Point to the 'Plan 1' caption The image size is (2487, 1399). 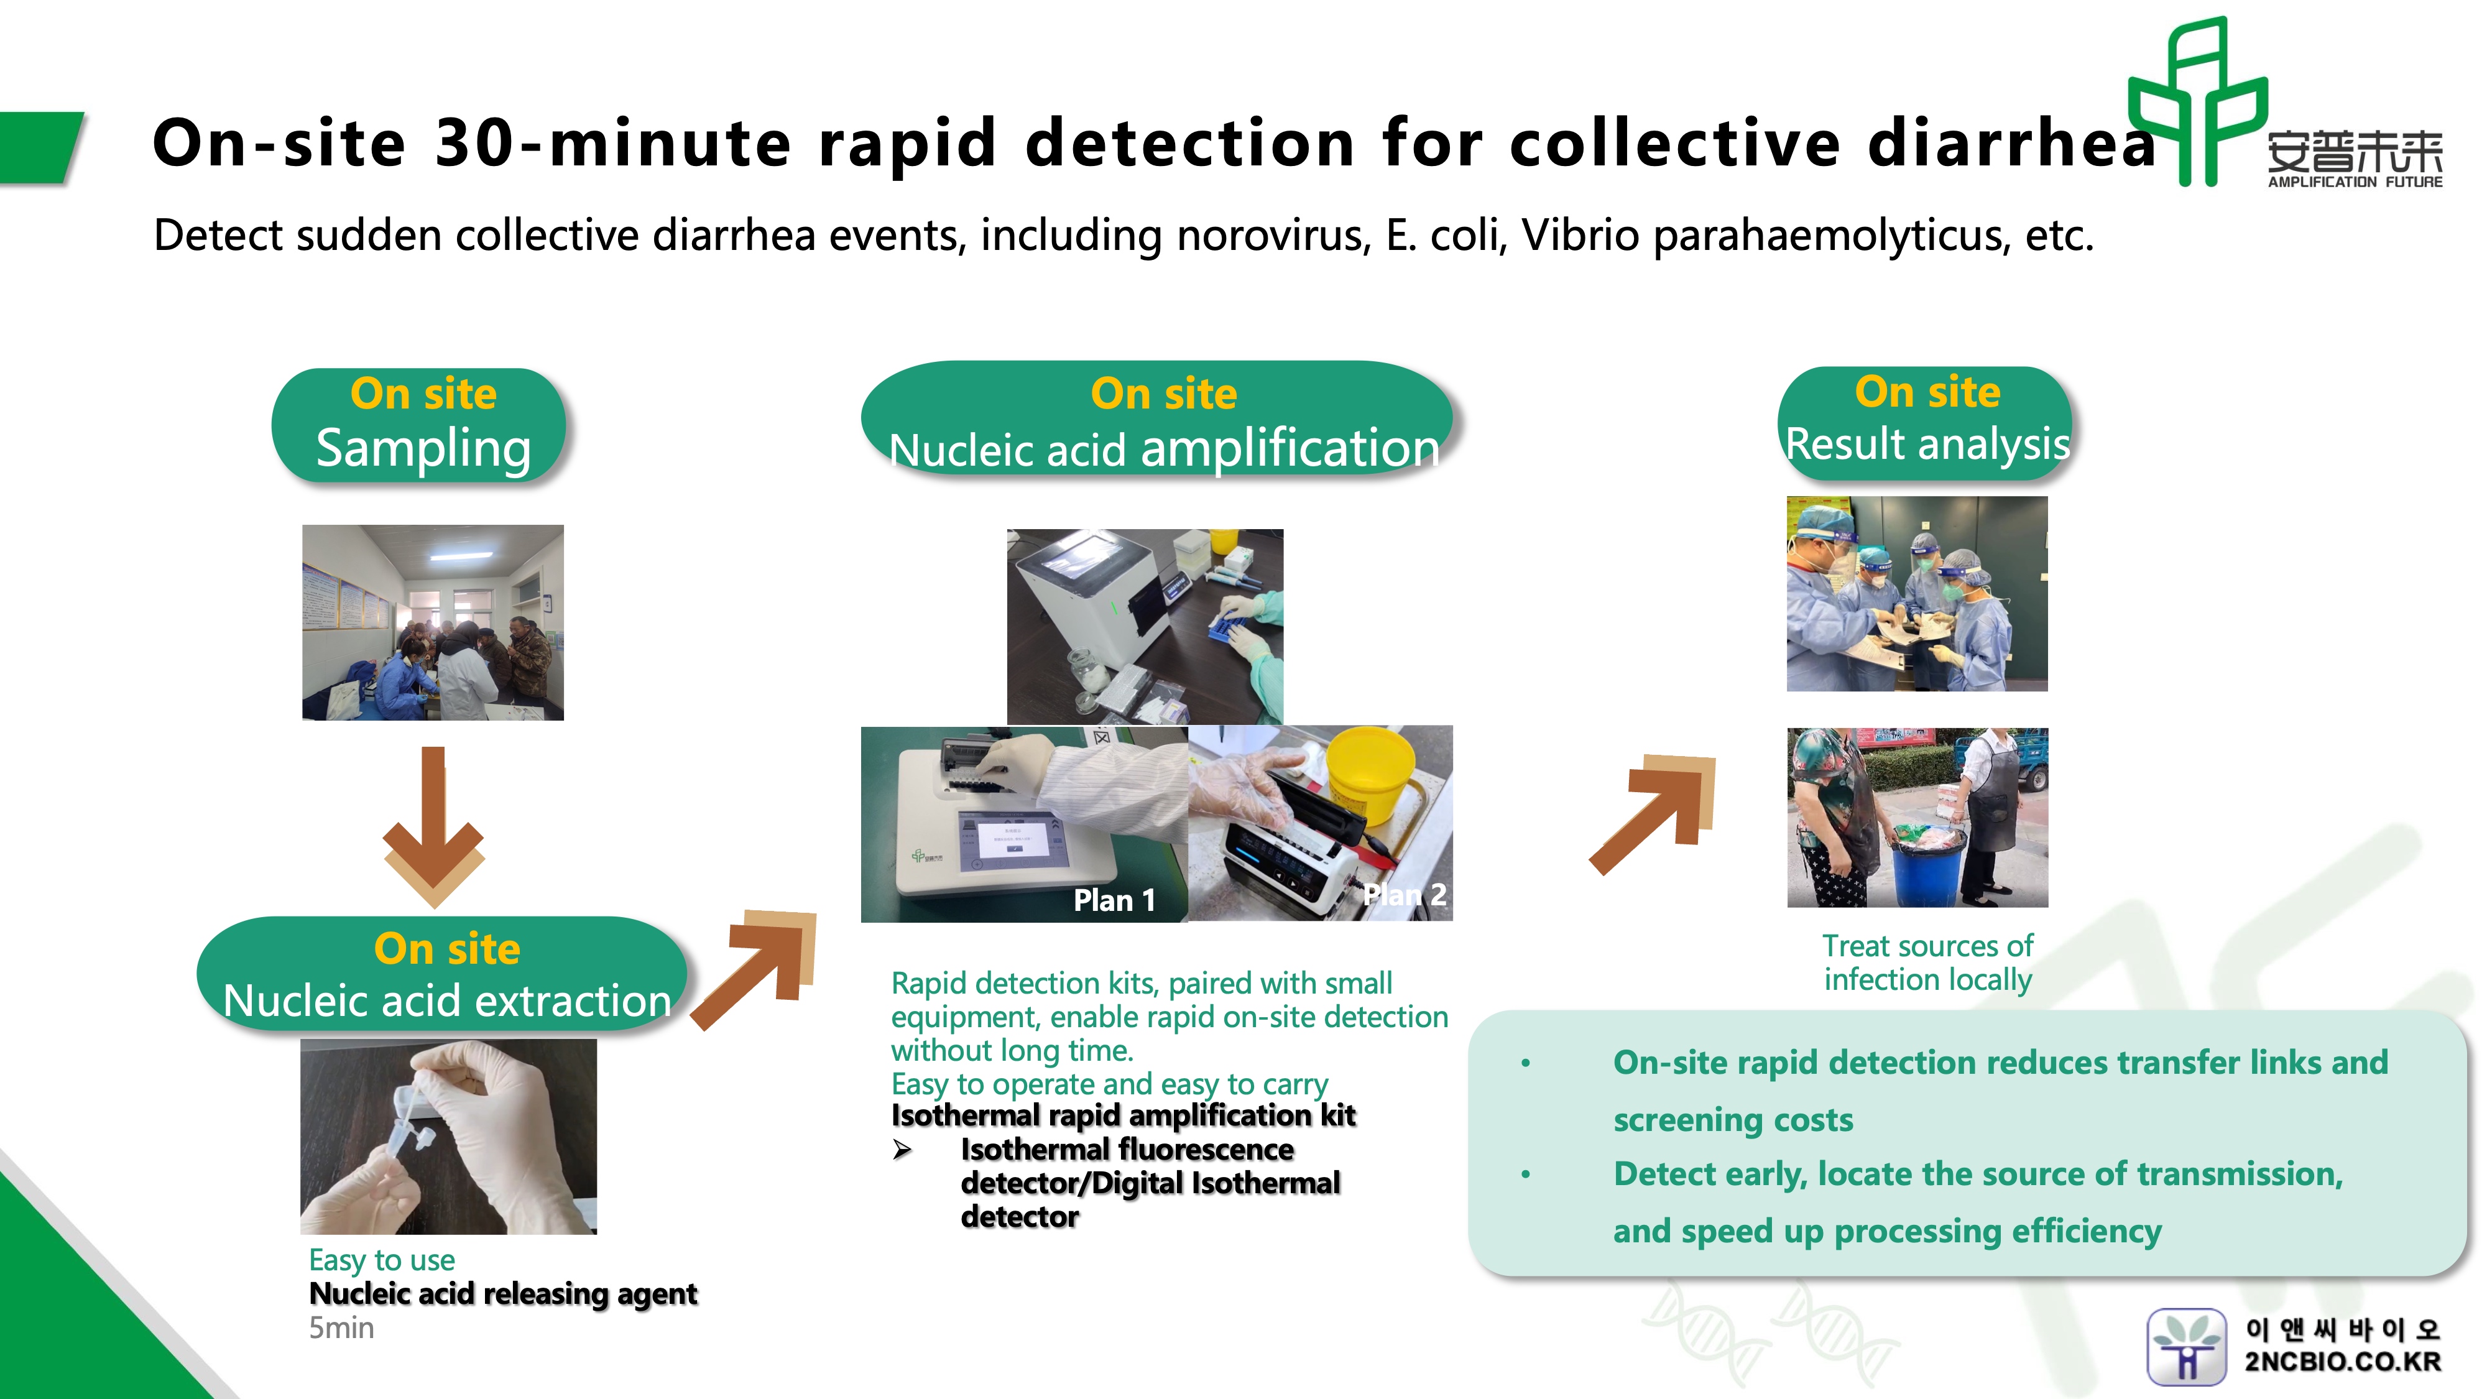coord(1114,900)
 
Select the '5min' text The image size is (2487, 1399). coord(341,1329)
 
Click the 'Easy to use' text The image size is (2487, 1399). coord(381,1260)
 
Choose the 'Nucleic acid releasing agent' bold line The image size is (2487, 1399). coord(502,1294)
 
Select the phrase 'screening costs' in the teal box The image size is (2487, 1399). coord(1733,1120)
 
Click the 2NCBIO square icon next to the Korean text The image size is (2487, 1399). coord(2186,1347)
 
